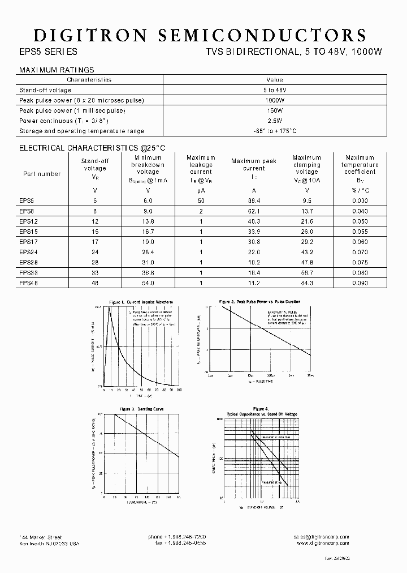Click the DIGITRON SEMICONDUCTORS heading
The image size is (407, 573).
[x=200, y=35]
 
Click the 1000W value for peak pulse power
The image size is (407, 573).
[x=274, y=100]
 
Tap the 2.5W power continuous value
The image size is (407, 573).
[x=274, y=121]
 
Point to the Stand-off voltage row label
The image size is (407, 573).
[x=45, y=90]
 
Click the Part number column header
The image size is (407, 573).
[x=42, y=174]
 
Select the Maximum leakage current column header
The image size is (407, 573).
[x=201, y=165]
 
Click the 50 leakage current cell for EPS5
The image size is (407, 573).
[x=201, y=201]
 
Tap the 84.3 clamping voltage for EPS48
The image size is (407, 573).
[x=307, y=283]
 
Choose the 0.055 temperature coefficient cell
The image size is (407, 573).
[x=360, y=232]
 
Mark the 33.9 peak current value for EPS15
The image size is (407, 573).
[x=253, y=232]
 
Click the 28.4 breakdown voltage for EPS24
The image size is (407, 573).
[x=148, y=252]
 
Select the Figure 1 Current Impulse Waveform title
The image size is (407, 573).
[x=140, y=302]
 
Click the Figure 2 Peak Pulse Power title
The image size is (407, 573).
[x=260, y=302]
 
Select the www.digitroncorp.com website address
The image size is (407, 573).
[x=322, y=543]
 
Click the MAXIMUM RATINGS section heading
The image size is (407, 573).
[x=57, y=70]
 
